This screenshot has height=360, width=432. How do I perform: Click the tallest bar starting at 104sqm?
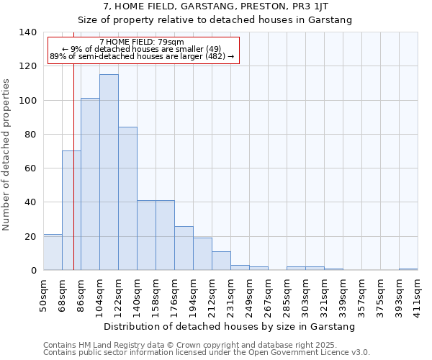[x=109, y=173]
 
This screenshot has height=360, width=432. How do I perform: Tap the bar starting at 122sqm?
[x=127, y=199]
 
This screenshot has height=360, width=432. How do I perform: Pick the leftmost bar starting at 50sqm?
[x=53, y=253]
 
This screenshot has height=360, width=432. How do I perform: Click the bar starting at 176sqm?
[x=184, y=248]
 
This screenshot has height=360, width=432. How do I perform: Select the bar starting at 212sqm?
[x=221, y=261]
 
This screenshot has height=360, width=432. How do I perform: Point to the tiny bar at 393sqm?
[x=408, y=269]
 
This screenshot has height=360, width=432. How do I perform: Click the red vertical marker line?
[x=73, y=180]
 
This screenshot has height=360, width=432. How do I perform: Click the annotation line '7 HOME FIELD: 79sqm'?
[x=142, y=42]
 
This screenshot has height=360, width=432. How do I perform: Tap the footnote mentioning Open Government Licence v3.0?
[x=207, y=353]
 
